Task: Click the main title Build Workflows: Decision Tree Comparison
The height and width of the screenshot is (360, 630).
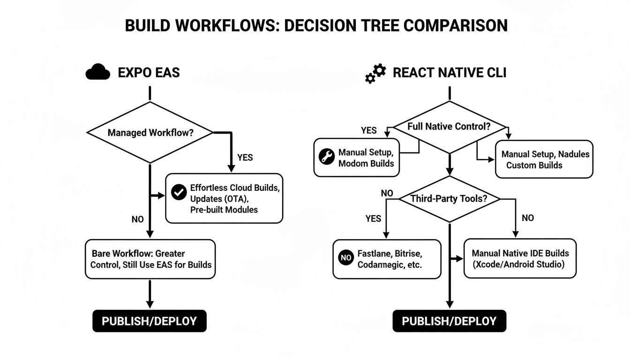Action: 316,25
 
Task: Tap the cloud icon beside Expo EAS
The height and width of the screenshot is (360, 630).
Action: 97,73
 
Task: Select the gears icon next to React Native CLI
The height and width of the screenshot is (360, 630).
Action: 375,74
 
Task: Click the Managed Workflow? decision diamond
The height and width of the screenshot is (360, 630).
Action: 150,133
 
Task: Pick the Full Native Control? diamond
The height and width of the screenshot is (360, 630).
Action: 450,127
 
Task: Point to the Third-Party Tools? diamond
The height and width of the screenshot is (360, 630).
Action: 449,199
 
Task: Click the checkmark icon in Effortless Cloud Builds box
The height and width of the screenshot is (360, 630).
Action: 179,192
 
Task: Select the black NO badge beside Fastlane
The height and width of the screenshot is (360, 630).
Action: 345,257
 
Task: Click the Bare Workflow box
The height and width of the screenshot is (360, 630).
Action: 150,259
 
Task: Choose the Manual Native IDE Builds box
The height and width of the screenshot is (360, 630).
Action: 520,259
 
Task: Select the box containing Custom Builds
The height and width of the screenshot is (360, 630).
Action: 544,159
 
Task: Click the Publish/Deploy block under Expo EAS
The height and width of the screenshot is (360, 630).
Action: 150,321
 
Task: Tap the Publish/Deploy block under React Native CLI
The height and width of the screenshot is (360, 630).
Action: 449,321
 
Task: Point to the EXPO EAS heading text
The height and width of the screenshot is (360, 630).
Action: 149,73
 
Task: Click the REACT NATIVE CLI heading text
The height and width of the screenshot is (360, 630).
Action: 449,73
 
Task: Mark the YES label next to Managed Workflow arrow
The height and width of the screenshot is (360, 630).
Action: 245,157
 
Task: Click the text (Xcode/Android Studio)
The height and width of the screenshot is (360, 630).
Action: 520,264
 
